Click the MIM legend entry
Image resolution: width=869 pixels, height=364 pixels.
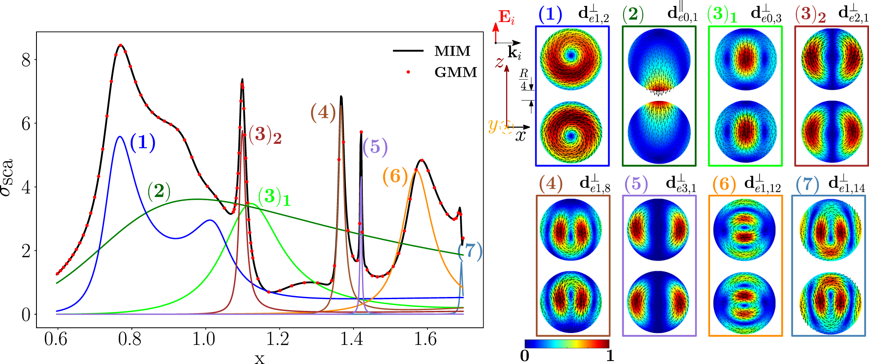[452, 51]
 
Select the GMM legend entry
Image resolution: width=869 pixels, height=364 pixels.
[455, 73]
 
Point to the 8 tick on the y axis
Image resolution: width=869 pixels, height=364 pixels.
[26, 60]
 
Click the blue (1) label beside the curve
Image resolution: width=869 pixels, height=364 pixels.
[142, 143]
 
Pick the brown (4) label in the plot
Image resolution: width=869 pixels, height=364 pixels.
[323, 113]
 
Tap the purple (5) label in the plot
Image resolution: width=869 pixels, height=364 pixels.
[375, 147]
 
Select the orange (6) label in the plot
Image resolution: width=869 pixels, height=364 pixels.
[395, 176]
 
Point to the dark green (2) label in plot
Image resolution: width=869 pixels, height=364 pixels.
[159, 191]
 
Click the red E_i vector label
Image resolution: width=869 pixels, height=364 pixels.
[507, 17]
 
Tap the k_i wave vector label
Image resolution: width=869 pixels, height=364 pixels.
[515, 53]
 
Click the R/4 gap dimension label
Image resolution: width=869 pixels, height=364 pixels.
[524, 79]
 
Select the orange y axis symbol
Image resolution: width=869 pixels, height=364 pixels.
[493, 125]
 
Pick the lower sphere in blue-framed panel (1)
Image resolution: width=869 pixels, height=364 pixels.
[571, 132]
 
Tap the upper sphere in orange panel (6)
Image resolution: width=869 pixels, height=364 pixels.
[745, 230]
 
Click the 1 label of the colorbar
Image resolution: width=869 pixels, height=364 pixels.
[610, 356]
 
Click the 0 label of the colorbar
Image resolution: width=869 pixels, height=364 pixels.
[525, 356]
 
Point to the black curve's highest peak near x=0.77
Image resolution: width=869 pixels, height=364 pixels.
[121, 45]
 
